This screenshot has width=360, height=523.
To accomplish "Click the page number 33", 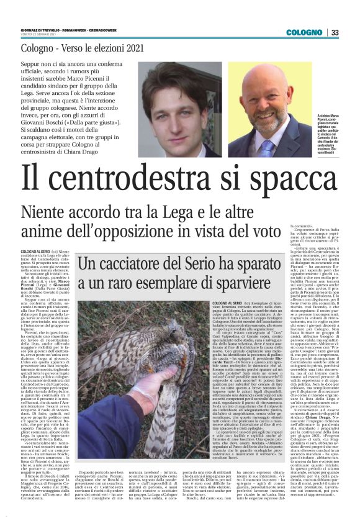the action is [335, 32].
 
